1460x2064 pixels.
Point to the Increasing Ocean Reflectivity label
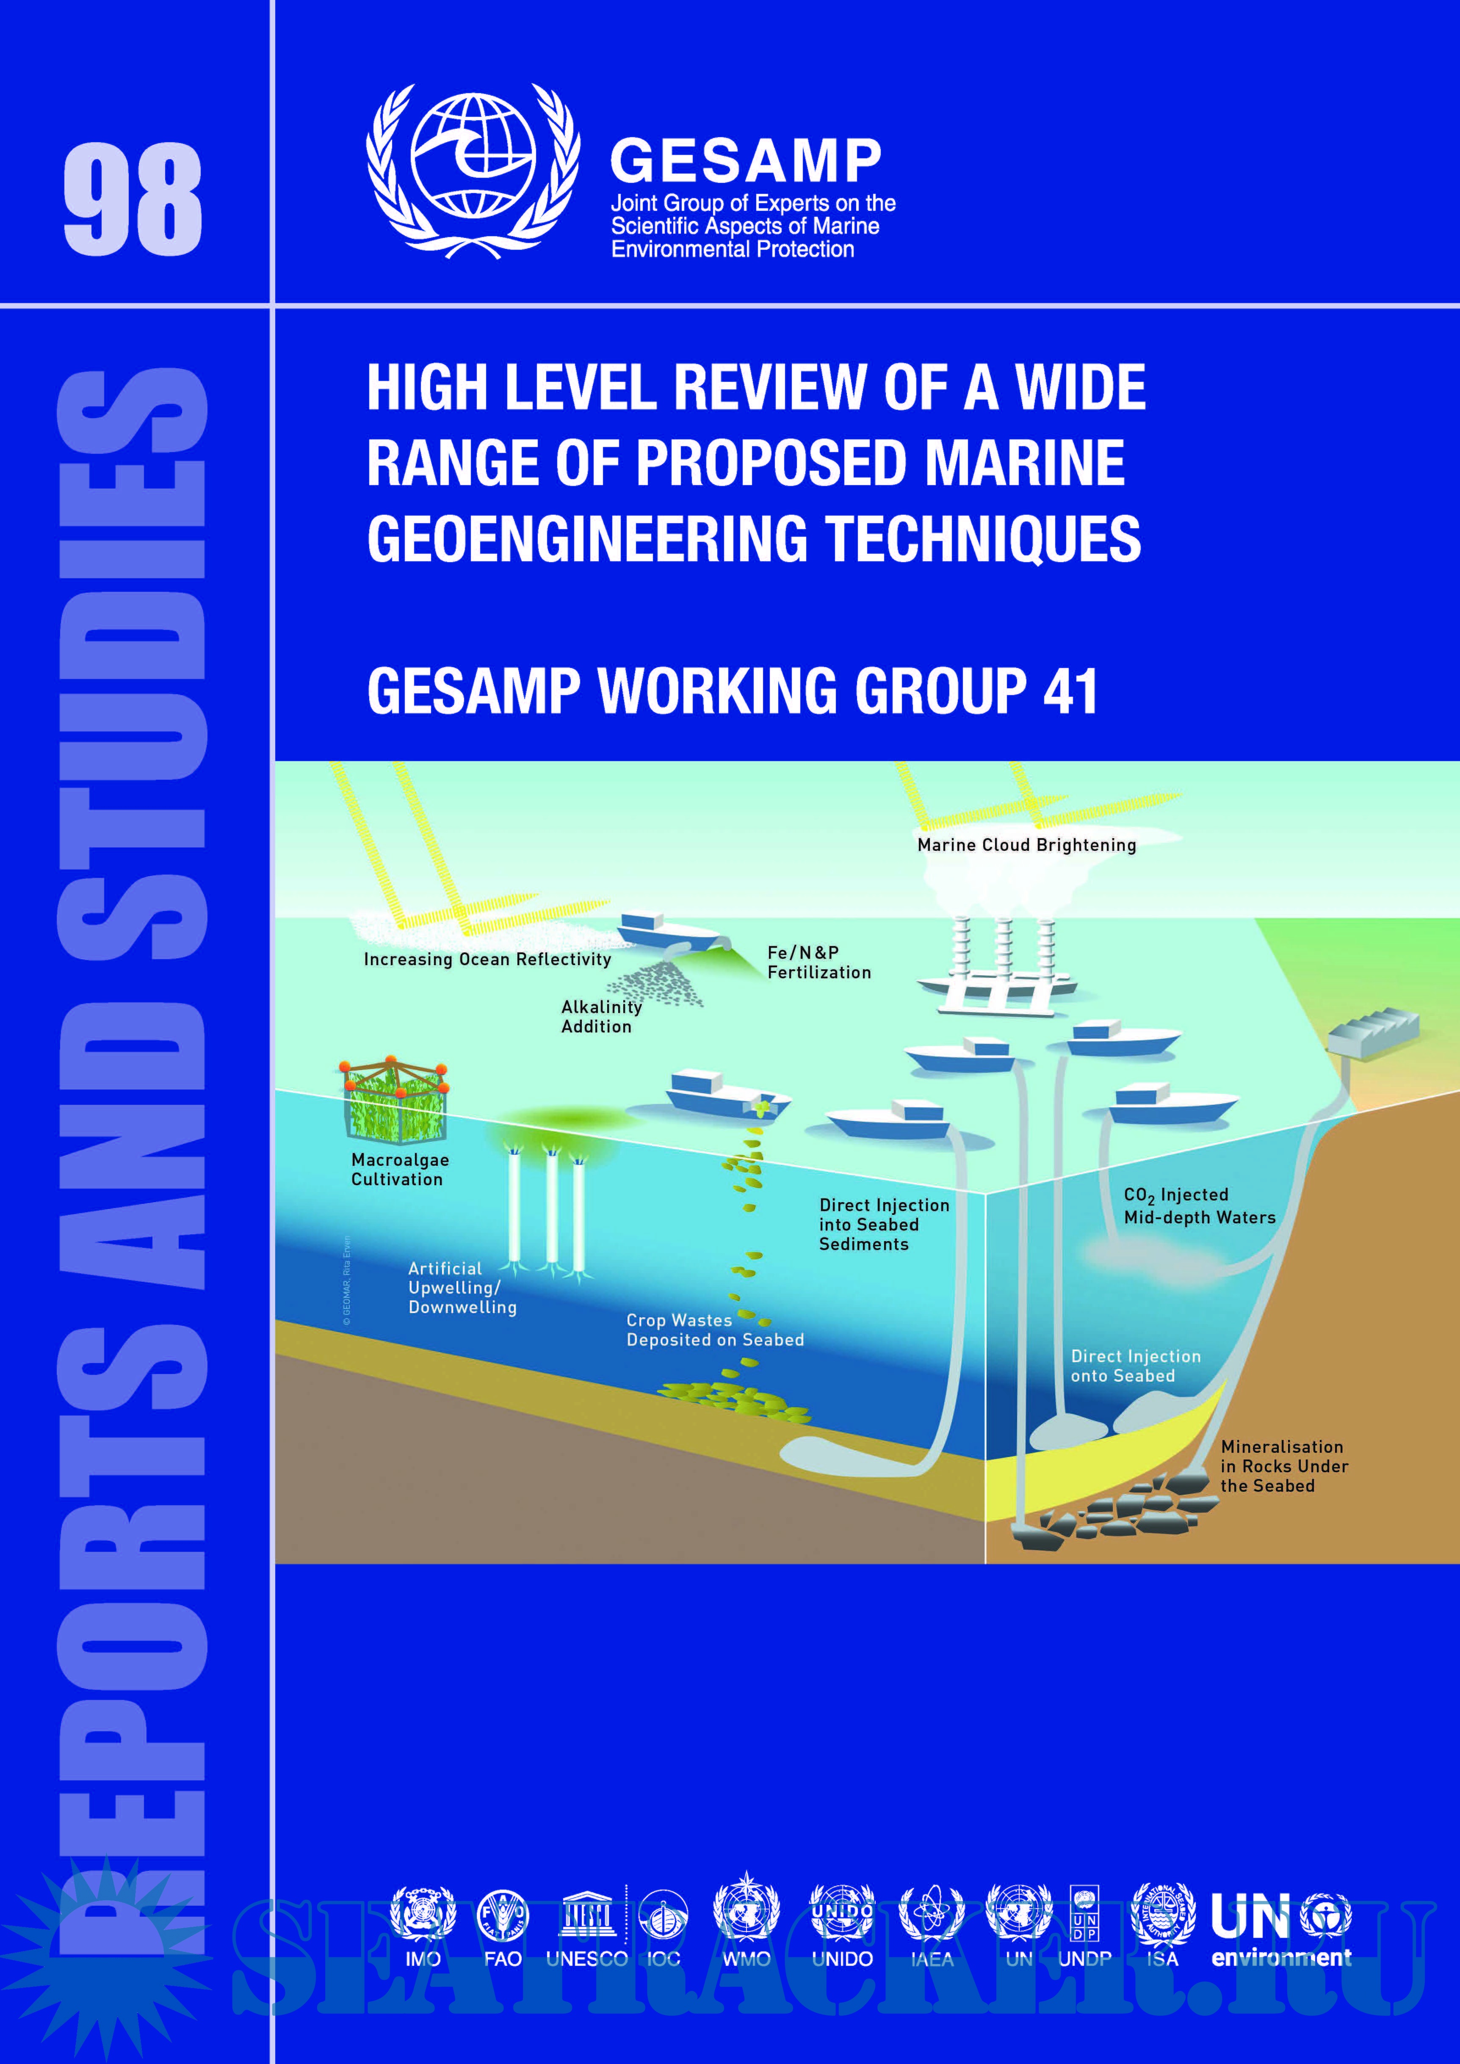(x=487, y=959)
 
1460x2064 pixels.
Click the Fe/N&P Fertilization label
(x=818, y=963)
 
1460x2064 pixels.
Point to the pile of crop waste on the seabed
(x=736, y=1400)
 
